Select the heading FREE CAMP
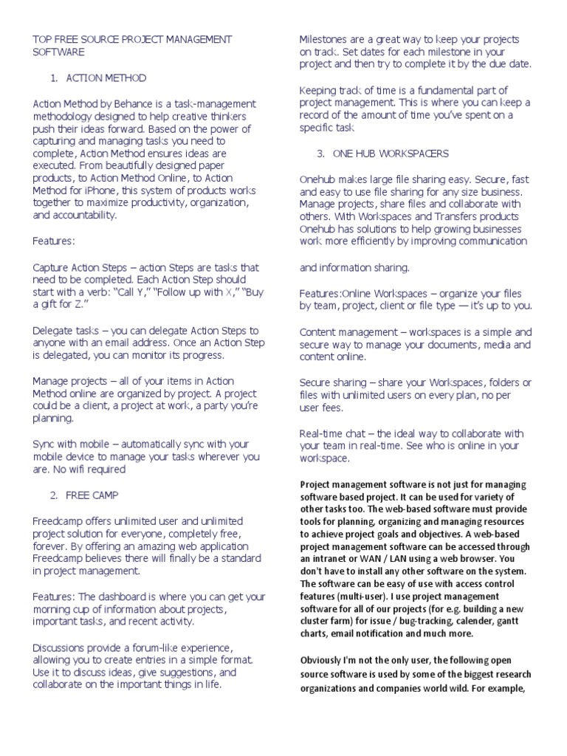pos(92,495)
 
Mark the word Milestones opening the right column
pos(326,39)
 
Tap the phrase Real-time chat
pos(331,433)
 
